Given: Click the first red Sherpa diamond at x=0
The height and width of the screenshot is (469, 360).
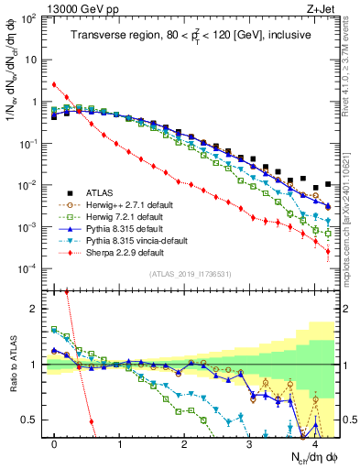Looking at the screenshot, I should click(x=55, y=84).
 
